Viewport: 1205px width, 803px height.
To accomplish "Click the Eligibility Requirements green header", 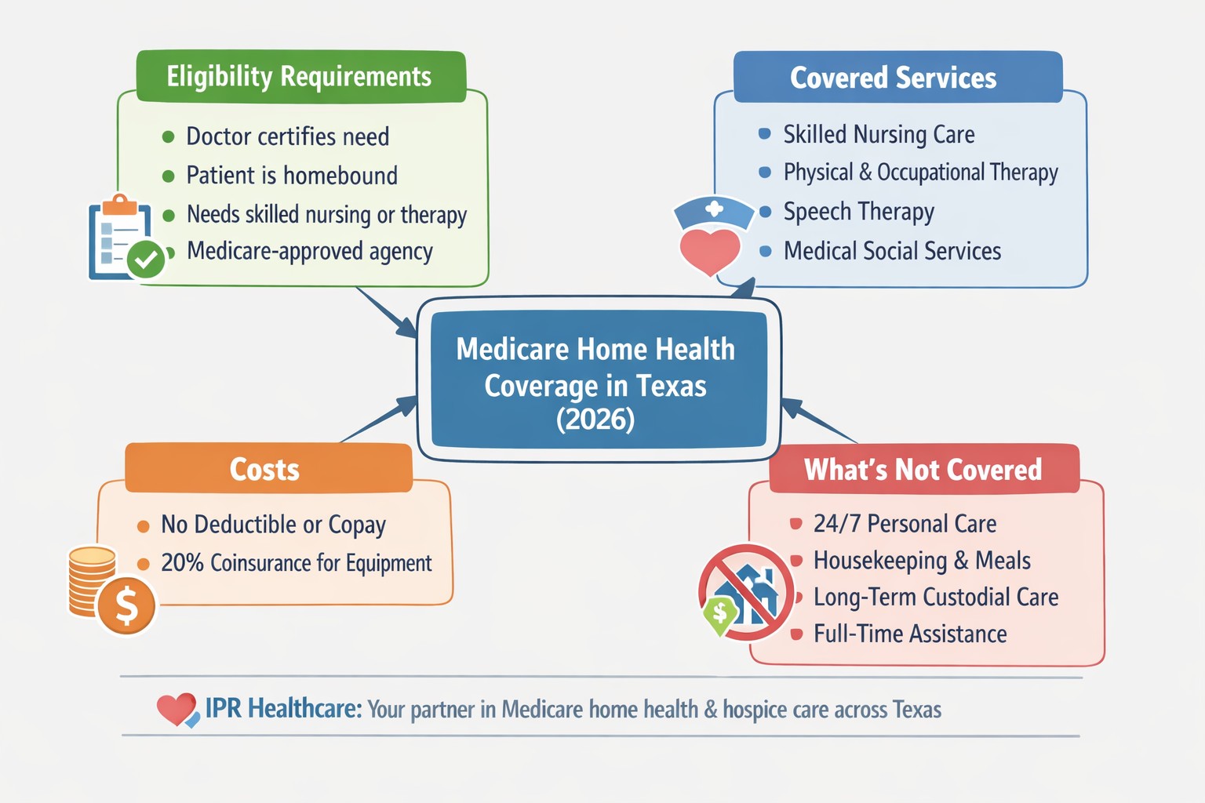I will (x=300, y=77).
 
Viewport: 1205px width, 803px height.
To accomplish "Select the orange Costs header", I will (x=267, y=469).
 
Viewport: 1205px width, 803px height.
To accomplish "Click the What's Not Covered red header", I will (x=923, y=469).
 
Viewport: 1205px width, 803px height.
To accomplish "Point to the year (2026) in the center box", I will (x=595, y=420).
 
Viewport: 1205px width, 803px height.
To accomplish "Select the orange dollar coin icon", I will (x=126, y=605).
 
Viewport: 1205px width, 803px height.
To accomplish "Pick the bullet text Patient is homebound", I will (x=292, y=176).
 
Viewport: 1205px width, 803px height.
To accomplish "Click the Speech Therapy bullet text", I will (x=858, y=212).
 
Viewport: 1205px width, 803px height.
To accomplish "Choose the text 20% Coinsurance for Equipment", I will (x=296, y=563).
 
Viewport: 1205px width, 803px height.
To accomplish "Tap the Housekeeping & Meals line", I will (x=922, y=561).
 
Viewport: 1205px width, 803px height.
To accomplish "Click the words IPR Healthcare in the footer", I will (x=282, y=709).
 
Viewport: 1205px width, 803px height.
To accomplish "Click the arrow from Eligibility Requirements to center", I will (x=384, y=311).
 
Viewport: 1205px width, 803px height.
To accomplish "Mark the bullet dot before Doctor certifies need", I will (x=168, y=137).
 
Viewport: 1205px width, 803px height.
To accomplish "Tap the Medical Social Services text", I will (x=892, y=251).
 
